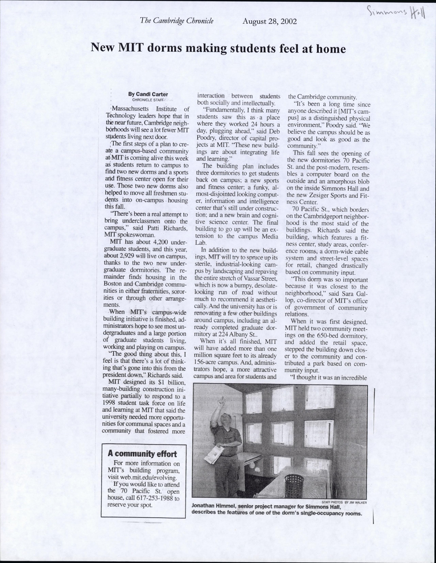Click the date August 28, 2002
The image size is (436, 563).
click(269, 21)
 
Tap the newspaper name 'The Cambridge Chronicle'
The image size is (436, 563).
click(176, 21)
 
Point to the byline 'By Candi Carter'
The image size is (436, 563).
click(148, 94)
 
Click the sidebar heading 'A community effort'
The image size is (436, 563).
click(142, 453)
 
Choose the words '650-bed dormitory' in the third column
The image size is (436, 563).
click(338, 336)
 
